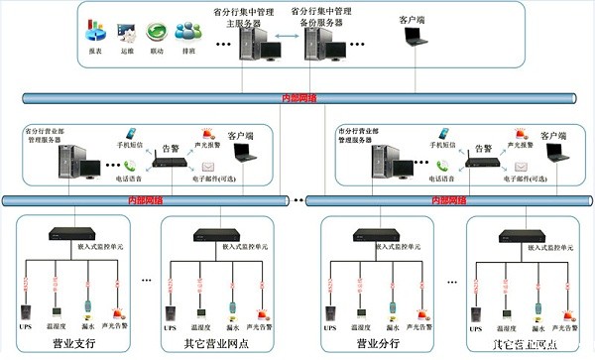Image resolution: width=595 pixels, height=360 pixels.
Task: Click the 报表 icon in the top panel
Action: (x=96, y=33)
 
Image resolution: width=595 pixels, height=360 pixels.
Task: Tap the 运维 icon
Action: (x=126, y=33)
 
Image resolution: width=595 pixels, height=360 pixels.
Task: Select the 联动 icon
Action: (x=156, y=33)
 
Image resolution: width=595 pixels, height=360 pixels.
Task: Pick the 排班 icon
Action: (x=185, y=33)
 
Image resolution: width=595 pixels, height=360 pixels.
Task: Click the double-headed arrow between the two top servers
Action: (x=285, y=43)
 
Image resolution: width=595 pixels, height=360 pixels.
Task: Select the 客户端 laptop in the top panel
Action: (x=416, y=38)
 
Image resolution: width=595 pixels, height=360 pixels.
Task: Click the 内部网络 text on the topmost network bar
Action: (x=299, y=98)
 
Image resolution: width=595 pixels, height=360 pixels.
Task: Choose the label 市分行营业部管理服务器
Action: (x=371, y=136)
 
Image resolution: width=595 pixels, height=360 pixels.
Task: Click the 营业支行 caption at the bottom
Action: (x=77, y=343)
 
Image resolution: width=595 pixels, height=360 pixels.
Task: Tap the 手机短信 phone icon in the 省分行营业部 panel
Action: (x=128, y=133)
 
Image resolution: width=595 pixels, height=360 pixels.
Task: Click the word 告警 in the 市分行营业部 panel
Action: (x=483, y=148)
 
